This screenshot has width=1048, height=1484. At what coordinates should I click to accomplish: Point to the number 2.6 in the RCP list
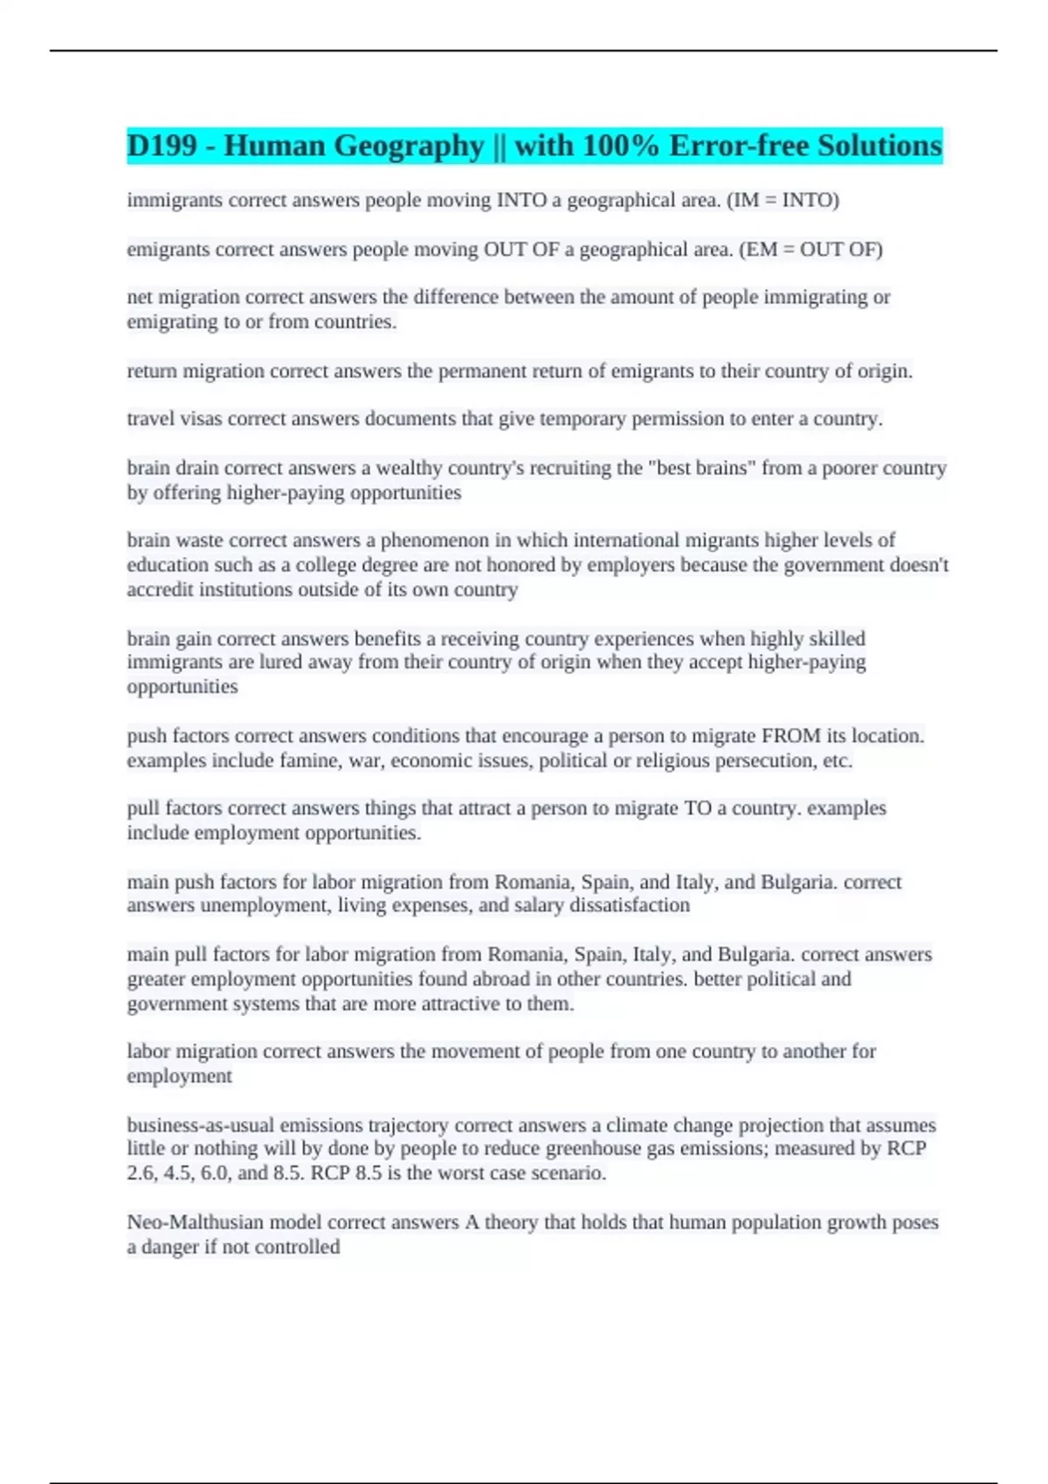141,1173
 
